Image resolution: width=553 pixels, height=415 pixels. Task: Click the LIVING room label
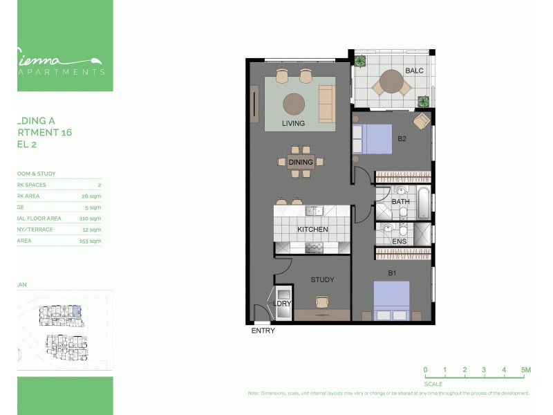tap(293, 124)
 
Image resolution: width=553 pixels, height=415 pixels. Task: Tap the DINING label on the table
tap(301, 163)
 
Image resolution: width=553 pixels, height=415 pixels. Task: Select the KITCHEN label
tap(312, 230)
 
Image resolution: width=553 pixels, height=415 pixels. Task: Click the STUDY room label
tap(322, 280)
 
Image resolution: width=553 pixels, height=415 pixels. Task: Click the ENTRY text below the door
tap(263, 331)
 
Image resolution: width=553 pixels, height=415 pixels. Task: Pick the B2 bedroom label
tap(402, 138)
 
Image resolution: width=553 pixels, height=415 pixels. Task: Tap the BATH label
tap(400, 202)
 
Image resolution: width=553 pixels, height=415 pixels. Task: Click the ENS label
tap(400, 241)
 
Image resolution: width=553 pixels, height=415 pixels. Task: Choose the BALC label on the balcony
tap(414, 71)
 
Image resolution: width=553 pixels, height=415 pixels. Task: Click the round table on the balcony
tap(391, 82)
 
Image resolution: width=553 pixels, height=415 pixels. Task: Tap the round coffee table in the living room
tap(293, 103)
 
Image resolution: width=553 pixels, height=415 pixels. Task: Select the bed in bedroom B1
tap(391, 300)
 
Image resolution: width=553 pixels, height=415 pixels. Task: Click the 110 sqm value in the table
tap(91, 219)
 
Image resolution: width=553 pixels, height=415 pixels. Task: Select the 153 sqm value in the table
tap(91, 241)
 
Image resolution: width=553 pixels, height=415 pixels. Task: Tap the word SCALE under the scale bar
tap(433, 383)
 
